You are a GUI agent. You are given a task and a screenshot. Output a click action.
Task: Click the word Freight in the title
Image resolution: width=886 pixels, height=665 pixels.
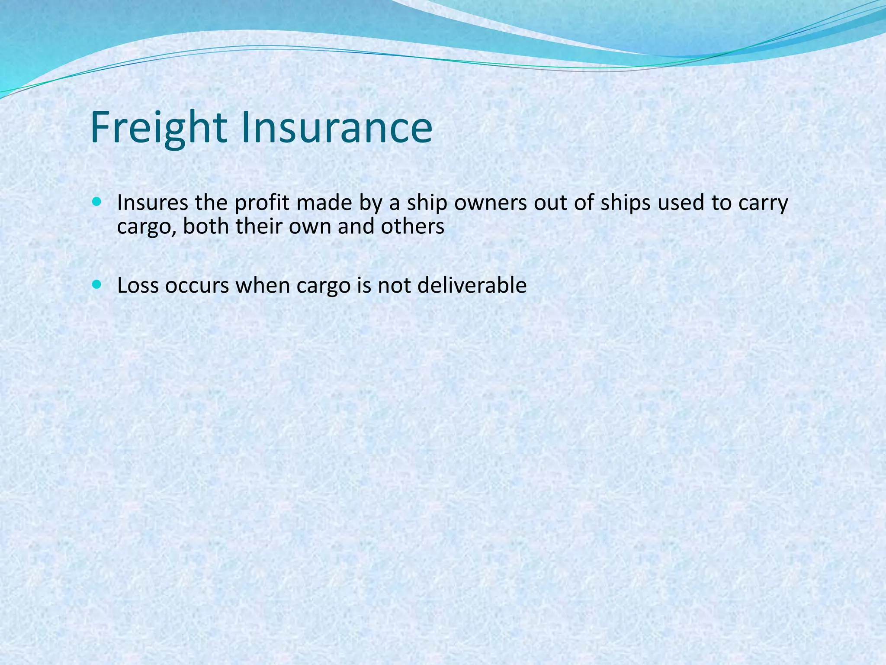point(158,128)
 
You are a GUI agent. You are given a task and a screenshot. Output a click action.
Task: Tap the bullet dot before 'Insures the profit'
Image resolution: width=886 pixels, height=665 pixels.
point(96,202)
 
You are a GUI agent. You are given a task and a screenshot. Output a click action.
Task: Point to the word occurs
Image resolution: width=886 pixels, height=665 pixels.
point(197,286)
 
